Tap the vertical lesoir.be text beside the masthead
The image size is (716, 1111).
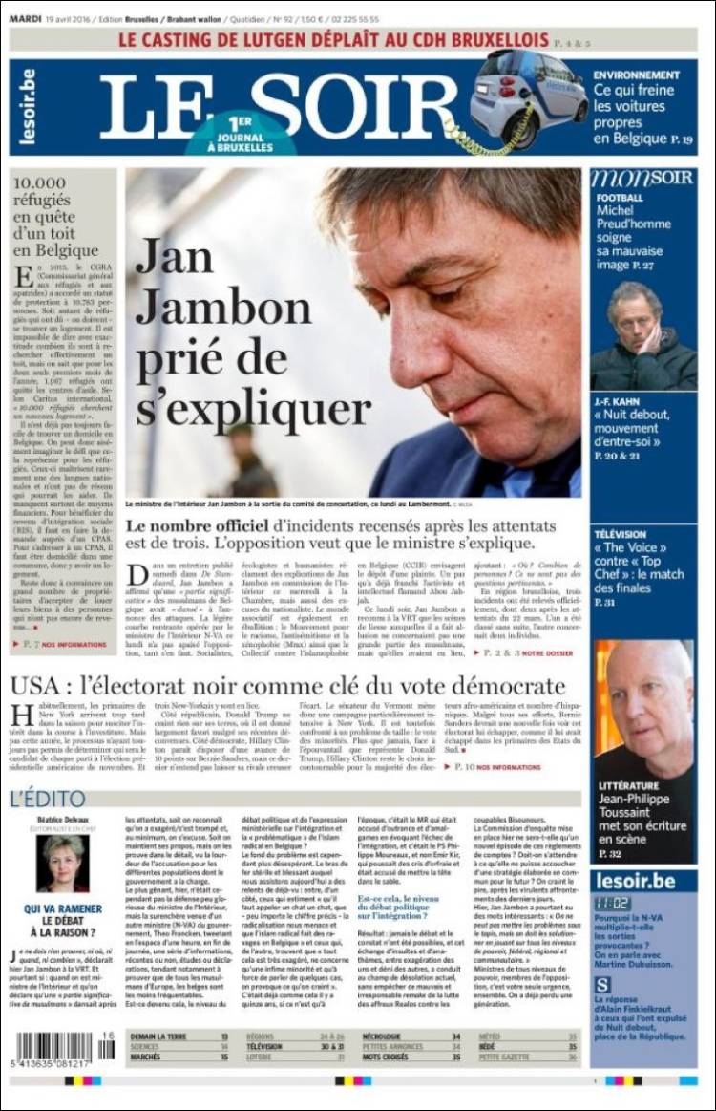click(27, 107)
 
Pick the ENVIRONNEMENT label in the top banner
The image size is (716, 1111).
click(636, 75)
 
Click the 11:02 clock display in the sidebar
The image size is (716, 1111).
click(610, 903)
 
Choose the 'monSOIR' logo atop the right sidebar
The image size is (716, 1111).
click(642, 179)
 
